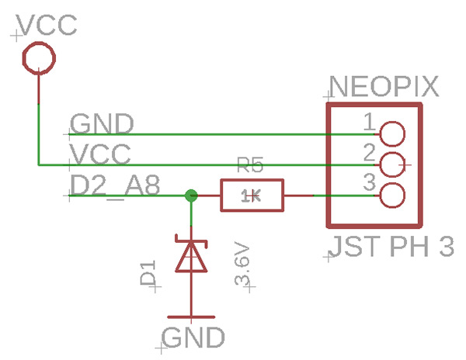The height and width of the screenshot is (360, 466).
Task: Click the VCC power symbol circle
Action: [38, 57]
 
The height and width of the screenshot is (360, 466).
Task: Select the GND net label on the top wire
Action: [102, 124]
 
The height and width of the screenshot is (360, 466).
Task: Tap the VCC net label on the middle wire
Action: [100, 154]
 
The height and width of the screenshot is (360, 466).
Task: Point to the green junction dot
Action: [190, 196]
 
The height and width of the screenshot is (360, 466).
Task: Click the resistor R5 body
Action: [252, 196]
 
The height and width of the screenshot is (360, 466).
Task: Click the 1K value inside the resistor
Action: [251, 196]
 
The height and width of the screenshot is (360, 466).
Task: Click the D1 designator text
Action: [148, 275]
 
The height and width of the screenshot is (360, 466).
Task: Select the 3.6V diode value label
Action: [243, 265]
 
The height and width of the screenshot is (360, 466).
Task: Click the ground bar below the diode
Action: [190, 317]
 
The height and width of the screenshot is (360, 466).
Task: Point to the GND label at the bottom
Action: [194, 337]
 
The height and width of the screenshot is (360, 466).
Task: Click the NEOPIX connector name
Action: [384, 87]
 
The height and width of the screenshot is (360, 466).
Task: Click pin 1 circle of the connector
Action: [392, 134]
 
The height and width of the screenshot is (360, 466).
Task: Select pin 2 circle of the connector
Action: [392, 164]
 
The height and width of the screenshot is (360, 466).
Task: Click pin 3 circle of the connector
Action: [392, 196]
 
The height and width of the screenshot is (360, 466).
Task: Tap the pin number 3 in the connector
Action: [370, 183]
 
